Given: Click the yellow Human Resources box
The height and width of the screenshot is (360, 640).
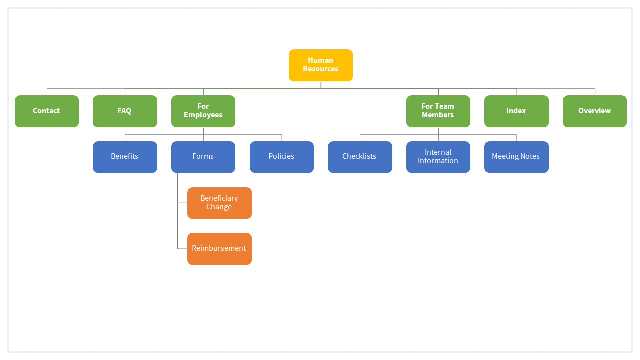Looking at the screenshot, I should pyautogui.click(x=320, y=65).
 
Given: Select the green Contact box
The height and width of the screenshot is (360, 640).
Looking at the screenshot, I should pyautogui.click(x=47, y=111).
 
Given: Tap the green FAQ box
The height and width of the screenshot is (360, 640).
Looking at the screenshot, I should pyautogui.click(x=125, y=111).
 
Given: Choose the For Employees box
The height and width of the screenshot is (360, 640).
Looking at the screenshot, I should pyautogui.click(x=203, y=111).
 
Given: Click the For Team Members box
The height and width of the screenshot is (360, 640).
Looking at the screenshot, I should pyautogui.click(x=438, y=111).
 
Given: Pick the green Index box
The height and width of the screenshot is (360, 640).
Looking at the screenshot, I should pyautogui.click(x=516, y=111).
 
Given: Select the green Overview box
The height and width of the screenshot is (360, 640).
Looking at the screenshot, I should pyautogui.click(x=594, y=111).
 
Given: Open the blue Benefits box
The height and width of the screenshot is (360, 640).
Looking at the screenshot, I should pyautogui.click(x=125, y=157).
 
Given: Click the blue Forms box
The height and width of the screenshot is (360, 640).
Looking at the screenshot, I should pyautogui.click(x=203, y=157).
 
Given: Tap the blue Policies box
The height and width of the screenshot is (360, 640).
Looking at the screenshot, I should pyautogui.click(x=281, y=157).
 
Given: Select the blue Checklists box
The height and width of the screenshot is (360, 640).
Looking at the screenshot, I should pyautogui.click(x=360, y=157).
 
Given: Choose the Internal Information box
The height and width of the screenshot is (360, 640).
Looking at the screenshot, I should pyautogui.click(x=438, y=157).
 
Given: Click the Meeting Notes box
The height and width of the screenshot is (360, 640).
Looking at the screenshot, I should pyautogui.click(x=516, y=157).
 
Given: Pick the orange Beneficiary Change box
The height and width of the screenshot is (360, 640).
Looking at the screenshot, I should pyautogui.click(x=219, y=203).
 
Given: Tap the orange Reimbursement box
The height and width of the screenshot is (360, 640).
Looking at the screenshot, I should pyautogui.click(x=219, y=248).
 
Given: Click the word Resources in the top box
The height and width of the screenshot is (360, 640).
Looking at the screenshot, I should pyautogui.click(x=320, y=69).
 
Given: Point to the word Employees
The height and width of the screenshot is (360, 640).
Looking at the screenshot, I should pyautogui.click(x=203, y=115).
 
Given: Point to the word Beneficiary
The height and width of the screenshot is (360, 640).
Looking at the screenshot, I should pyautogui.click(x=219, y=198).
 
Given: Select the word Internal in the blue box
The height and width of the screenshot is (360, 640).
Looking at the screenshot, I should pyautogui.click(x=438, y=152).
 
